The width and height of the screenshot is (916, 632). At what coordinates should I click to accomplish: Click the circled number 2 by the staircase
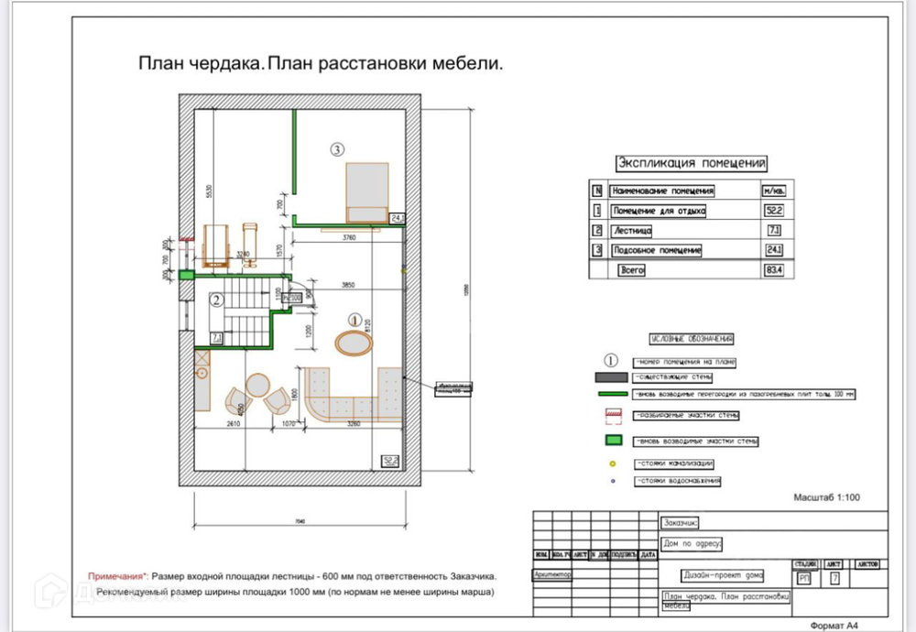pos(216,299)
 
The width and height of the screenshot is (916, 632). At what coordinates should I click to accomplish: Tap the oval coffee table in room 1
pos(354,343)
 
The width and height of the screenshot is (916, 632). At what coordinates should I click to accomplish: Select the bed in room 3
pos(365,192)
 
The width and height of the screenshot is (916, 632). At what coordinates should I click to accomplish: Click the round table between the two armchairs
pos(257,386)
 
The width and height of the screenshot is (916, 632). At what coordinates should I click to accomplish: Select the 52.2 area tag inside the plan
pos(391,461)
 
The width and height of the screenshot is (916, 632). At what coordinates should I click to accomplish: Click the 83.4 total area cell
pos(772,270)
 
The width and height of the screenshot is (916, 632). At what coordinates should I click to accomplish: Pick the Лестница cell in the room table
pos(632,231)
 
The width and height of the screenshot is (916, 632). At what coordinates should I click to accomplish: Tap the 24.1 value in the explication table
pos(772,250)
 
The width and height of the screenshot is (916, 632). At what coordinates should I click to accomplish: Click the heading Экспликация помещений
pos(692,163)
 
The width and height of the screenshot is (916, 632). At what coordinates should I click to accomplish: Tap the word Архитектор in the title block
pos(551,575)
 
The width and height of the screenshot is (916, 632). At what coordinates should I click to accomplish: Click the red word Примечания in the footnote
pos(116,576)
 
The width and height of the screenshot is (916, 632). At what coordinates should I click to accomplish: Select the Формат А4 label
pos(834,625)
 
